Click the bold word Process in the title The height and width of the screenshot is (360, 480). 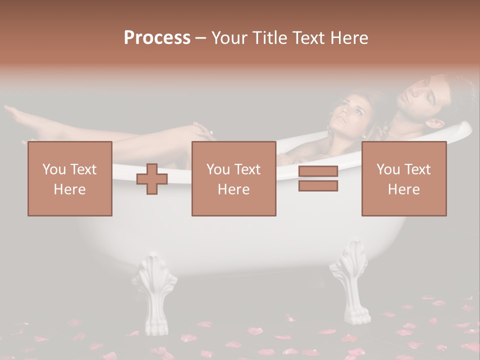click(157, 38)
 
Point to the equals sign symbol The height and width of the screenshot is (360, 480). click(318, 178)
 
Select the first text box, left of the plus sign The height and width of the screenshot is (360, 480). click(69, 178)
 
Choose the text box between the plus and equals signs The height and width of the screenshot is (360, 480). click(233, 178)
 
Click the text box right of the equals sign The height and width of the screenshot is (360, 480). click(403, 178)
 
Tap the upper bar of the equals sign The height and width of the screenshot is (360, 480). click(318, 171)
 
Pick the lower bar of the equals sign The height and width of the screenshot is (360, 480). click(318, 185)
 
